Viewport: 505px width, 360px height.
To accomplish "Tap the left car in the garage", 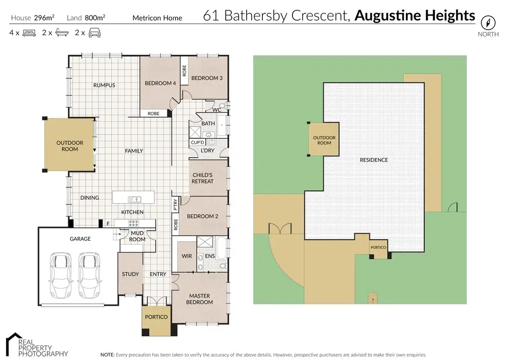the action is coord(60,276).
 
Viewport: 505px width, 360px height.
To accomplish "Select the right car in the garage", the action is coord(89,276).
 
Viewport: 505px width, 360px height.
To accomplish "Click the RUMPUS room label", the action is coord(104,85).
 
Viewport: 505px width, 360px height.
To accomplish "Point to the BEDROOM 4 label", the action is coord(160,83).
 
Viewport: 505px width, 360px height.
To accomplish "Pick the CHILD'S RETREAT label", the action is coord(202,178).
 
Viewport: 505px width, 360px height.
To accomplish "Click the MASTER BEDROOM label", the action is coord(199,299).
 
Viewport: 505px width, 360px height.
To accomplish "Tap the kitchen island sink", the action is coord(134,199).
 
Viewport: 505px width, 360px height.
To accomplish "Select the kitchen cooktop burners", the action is coord(135,223).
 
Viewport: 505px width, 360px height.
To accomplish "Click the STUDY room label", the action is coord(130,274).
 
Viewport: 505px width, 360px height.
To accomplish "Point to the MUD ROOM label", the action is coord(137,236).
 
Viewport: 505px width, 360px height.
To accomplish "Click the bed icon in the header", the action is coord(30,34).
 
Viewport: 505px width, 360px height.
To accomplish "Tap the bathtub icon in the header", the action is coord(62,34).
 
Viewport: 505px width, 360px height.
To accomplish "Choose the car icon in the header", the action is coord(94,34).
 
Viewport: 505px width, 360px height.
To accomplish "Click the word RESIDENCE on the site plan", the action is coord(373,160).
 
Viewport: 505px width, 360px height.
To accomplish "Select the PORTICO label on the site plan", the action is coord(378,247).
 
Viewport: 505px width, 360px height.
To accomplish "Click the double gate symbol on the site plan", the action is coord(277,229).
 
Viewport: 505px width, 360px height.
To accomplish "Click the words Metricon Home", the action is coord(157,18).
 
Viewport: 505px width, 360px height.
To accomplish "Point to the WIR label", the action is coord(187,256).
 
